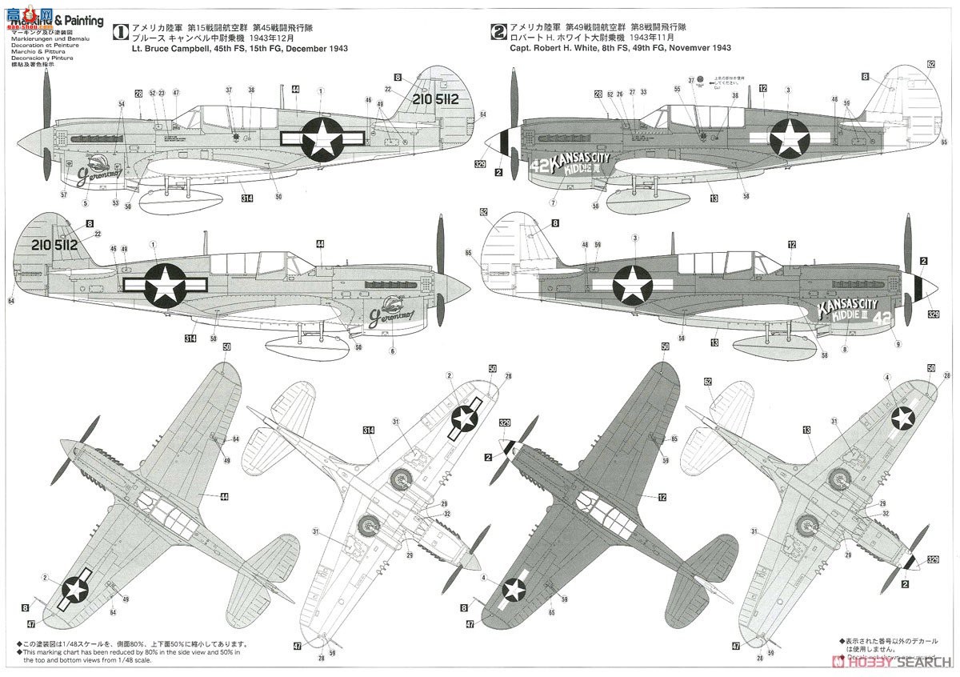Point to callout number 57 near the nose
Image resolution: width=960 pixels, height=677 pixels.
tap(64, 194)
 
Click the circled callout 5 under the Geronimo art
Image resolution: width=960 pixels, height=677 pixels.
tap(85, 203)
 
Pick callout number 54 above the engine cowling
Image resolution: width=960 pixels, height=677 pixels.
tap(122, 105)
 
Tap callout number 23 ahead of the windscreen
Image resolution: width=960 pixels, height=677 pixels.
tap(162, 94)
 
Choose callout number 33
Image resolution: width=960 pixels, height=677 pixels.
tap(643, 94)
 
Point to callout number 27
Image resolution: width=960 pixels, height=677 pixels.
tap(632, 94)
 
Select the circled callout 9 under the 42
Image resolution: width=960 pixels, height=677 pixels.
tap(898, 345)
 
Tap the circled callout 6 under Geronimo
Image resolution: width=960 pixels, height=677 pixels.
tap(392, 351)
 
